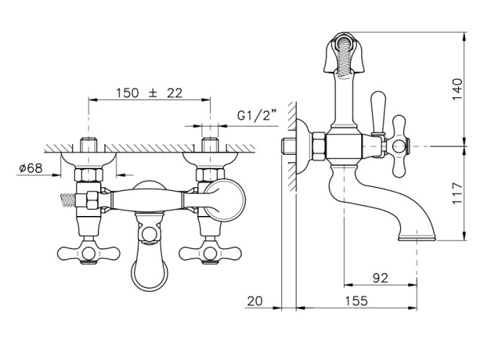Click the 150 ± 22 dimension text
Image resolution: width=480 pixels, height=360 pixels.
pos(149,93)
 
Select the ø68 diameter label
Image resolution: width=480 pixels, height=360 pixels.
pos(31,168)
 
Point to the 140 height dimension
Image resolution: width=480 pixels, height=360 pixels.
pos(457,89)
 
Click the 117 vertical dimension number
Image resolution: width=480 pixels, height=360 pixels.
pos(457,194)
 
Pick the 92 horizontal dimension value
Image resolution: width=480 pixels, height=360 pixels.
pos(381,278)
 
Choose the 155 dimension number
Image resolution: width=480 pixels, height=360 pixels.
pos(356,301)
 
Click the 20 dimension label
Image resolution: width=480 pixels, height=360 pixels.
pos(255,301)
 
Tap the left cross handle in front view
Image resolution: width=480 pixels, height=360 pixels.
pos(89,253)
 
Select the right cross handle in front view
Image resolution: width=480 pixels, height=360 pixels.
pos(210,253)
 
